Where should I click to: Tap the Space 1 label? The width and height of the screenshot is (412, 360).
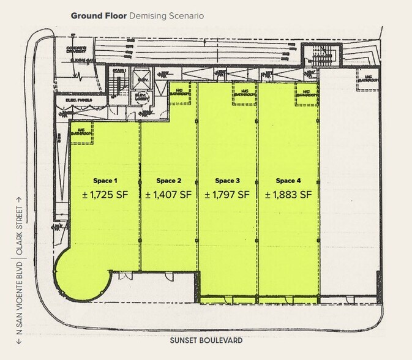(x=104, y=181)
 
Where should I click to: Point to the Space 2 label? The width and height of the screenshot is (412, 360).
(x=168, y=181)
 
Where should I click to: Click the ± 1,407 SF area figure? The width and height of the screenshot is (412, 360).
(x=168, y=195)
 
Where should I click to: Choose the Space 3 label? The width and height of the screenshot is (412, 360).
(x=227, y=181)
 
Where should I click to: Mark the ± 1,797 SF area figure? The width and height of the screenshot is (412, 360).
(x=227, y=195)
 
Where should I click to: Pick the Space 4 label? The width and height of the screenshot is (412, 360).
(x=288, y=181)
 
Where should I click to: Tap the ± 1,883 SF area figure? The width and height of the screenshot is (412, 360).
(x=288, y=195)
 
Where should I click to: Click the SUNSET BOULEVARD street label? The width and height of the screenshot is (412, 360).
(x=206, y=340)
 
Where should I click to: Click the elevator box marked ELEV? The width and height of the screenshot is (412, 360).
(x=142, y=80)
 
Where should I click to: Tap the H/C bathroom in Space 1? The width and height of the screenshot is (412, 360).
(x=81, y=134)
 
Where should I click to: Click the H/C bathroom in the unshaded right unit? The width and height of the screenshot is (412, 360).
(x=367, y=77)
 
